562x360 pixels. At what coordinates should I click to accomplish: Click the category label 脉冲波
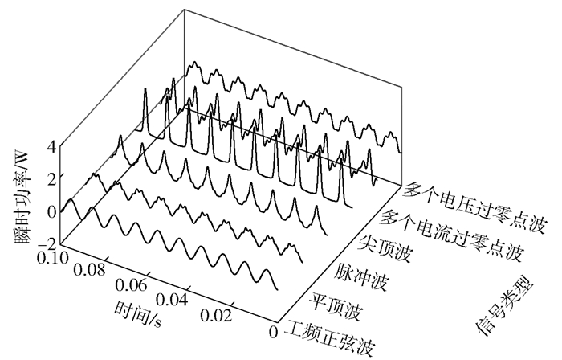(x=360, y=271)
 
